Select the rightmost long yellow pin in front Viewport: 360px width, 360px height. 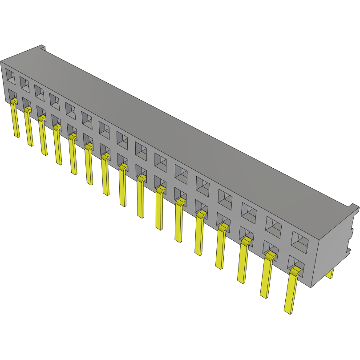291,291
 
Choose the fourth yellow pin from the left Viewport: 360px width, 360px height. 57,147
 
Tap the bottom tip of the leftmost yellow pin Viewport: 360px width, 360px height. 17,135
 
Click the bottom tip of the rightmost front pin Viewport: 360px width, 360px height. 289,311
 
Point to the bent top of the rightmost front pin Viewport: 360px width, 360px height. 296,270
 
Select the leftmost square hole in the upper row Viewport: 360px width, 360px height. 10,75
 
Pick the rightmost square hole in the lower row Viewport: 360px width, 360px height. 295,263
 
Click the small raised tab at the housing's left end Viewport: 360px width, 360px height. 42,47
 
